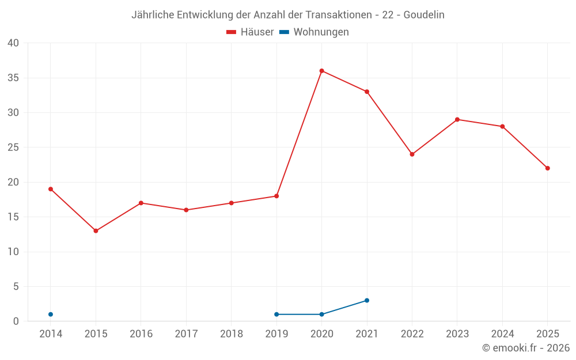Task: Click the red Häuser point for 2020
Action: point(322,71)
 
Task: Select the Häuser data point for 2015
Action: point(96,231)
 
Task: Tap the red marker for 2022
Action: point(412,154)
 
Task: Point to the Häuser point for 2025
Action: point(548,168)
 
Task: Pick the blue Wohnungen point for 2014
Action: point(51,314)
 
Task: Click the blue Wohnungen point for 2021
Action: point(367,301)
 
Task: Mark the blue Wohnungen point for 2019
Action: point(276,314)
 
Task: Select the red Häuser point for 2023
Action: point(457,120)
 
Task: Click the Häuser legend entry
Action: point(250,32)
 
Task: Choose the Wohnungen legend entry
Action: point(314,32)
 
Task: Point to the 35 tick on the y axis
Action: point(13,78)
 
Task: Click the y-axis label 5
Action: point(16,286)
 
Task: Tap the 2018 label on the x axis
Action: point(232,334)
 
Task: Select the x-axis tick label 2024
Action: point(502,334)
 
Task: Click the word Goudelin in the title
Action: point(424,15)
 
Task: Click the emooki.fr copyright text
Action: point(526,347)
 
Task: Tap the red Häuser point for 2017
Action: point(186,210)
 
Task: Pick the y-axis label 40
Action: point(13,43)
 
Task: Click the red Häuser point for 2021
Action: point(367,92)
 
